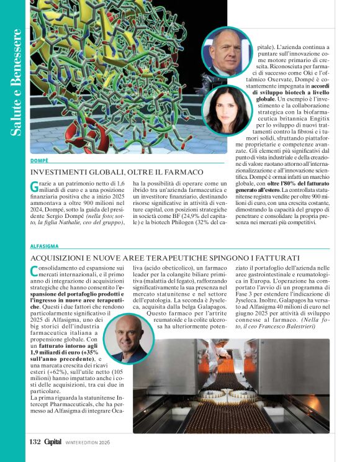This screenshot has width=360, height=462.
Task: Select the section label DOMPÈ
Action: point(39,160)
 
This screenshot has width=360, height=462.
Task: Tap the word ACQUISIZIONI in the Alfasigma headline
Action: point(60,256)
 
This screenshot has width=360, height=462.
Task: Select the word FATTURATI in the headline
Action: point(277,256)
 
